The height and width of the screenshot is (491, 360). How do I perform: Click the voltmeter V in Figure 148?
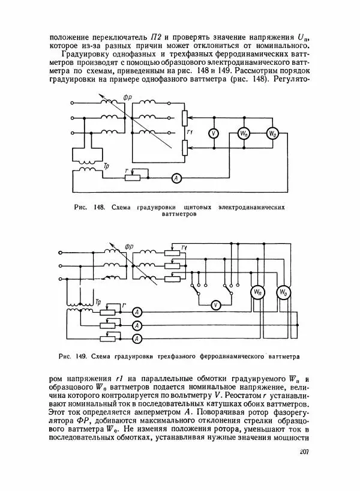(x=212, y=133)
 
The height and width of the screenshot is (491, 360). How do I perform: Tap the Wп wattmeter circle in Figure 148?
(x=244, y=133)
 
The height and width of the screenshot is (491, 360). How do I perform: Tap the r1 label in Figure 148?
(x=190, y=132)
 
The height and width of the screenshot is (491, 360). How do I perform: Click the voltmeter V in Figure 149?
(x=216, y=305)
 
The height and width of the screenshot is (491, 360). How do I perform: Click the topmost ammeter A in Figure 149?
(x=137, y=311)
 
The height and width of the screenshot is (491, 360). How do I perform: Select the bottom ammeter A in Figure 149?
(x=137, y=339)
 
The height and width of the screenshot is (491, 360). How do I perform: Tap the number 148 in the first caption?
(x=98, y=207)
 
